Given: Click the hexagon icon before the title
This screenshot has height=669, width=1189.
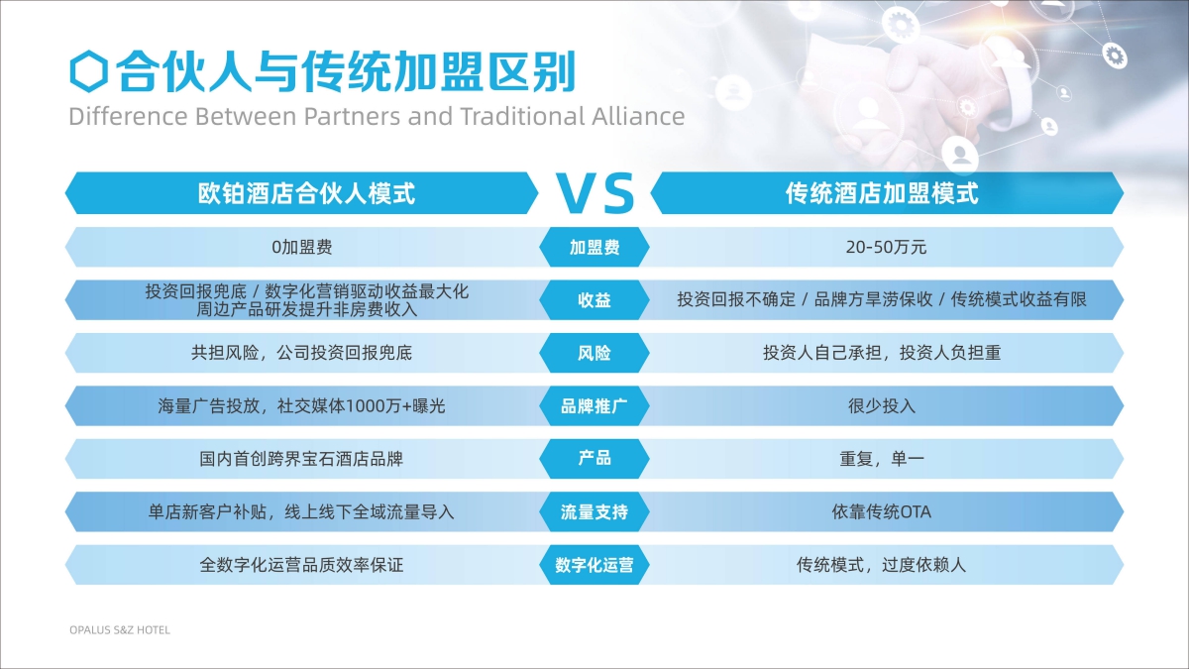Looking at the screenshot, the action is (x=88, y=71).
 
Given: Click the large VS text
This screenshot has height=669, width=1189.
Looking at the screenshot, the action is (x=595, y=193).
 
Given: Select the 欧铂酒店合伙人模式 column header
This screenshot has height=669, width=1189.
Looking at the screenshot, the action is (x=306, y=193).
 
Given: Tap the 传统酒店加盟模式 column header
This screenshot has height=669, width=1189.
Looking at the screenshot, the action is (x=882, y=193).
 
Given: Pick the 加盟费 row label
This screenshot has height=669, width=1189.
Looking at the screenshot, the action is (x=594, y=248).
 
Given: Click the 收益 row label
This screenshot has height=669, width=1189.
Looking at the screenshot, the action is (x=594, y=300).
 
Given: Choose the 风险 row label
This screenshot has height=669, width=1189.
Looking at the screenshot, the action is (x=594, y=353).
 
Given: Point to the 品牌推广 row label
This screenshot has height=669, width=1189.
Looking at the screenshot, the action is (x=594, y=406).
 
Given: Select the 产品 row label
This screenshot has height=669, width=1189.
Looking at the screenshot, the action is (x=594, y=458).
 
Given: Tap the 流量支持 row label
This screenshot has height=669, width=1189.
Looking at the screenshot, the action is (x=594, y=512).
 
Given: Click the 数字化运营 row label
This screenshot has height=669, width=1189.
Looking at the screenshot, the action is (x=594, y=566).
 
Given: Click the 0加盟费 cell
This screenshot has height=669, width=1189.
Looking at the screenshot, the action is (x=302, y=248).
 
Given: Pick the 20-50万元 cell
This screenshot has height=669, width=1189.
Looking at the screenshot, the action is (x=886, y=248).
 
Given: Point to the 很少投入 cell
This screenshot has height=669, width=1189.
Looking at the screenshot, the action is (x=882, y=406).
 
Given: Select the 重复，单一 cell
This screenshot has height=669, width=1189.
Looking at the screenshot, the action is (x=882, y=458).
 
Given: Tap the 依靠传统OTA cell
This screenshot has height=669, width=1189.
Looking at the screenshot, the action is (x=881, y=512).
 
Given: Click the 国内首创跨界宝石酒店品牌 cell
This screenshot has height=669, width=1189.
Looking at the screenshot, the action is (x=301, y=459).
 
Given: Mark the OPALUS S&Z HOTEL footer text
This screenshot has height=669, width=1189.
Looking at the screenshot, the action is (x=120, y=630).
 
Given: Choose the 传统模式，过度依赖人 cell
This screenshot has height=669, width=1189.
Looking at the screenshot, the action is (x=881, y=566).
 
